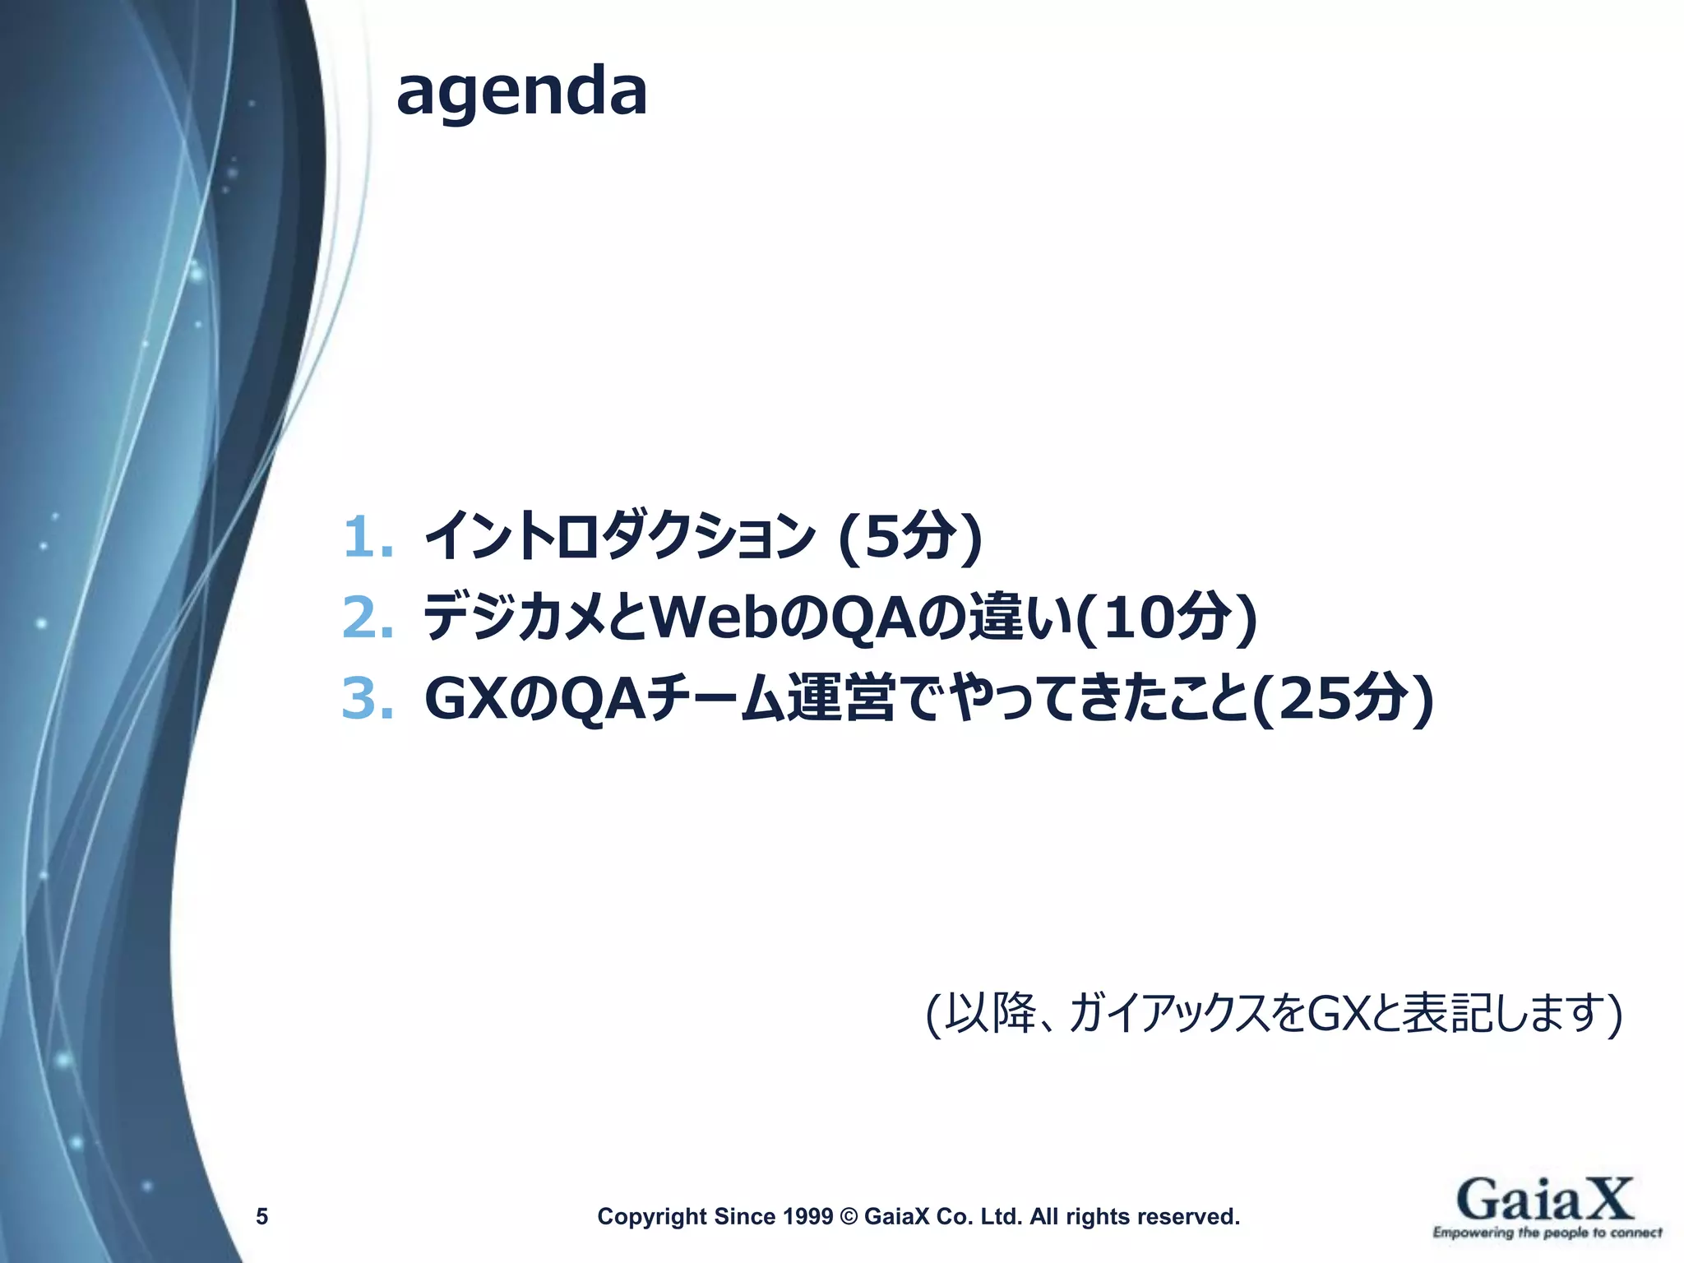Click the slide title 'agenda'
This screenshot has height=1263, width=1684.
(521, 92)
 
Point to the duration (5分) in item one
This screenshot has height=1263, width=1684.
(909, 538)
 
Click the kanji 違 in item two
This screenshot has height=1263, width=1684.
(996, 618)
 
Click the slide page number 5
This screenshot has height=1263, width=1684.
(261, 1216)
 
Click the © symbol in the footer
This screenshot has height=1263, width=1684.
(849, 1216)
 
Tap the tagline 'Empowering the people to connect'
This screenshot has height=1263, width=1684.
(1547, 1233)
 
